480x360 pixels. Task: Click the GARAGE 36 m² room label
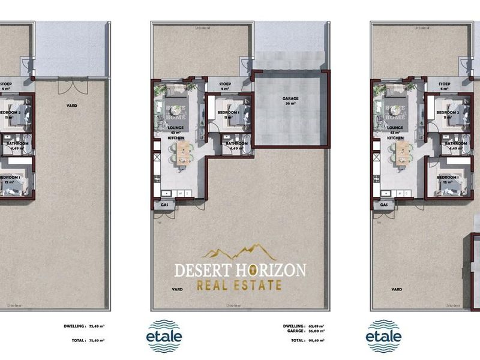coord(290,101)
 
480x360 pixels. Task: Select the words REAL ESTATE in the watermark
coord(239,286)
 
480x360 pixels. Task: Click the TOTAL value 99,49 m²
coord(314,340)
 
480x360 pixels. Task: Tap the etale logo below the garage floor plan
coord(164,335)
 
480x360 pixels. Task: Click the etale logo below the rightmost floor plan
coord(383,335)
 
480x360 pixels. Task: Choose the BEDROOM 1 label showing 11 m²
coord(228,115)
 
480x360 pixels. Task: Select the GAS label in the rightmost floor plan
coord(384,205)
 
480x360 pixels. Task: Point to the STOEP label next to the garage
coord(225,86)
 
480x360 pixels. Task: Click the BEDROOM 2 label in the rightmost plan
coord(447,115)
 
